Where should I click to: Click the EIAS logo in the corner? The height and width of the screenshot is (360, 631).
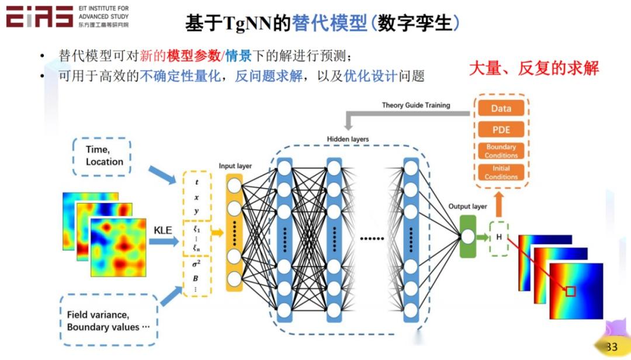40,17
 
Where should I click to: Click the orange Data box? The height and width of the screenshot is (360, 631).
501,108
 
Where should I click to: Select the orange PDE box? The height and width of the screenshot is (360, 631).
501,129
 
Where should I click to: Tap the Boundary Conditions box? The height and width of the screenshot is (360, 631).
501,151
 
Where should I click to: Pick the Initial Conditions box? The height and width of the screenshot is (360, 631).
501,172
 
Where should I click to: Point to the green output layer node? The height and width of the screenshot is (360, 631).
467,237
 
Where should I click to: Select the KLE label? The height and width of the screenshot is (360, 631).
162,230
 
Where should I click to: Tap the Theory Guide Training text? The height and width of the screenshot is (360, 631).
416,105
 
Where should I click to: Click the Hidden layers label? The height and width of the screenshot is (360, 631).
348,139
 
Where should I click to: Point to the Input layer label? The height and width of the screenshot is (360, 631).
235,166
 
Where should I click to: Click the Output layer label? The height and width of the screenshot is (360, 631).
467,206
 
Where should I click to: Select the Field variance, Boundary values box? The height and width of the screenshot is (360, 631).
108,321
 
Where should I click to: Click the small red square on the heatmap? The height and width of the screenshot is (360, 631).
570,291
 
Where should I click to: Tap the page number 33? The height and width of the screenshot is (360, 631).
612,347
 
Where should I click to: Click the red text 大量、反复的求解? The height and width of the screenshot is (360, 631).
534,68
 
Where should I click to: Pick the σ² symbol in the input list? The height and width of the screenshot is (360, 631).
196,264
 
